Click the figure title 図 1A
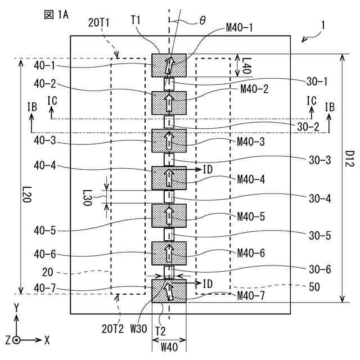[x=56, y=13]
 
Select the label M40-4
[x=250, y=179]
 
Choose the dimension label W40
[x=169, y=346]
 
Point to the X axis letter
[x=47, y=340]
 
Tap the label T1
[x=136, y=20]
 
